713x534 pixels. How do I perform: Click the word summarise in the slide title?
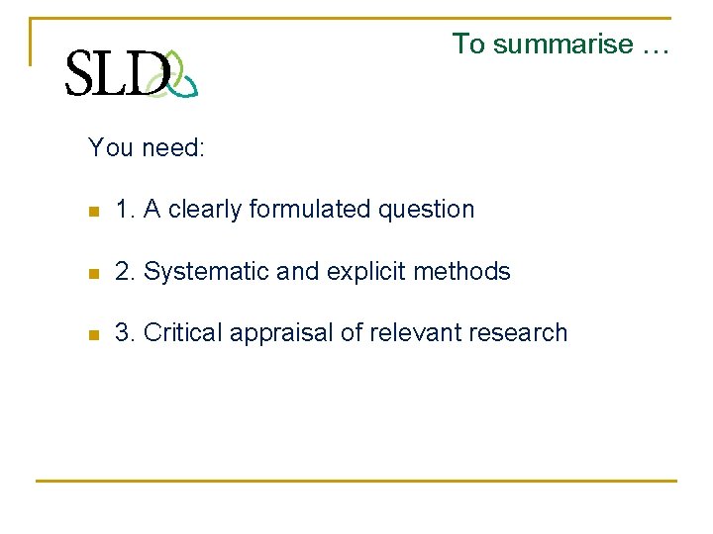(562, 44)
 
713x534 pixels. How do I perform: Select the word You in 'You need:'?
(110, 148)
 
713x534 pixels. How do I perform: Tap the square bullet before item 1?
(93, 211)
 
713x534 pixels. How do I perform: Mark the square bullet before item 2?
(93, 273)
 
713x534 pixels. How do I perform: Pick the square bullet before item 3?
(93, 334)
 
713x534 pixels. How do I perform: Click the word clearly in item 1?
(205, 210)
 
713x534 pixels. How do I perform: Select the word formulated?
(308, 210)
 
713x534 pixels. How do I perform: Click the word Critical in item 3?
(183, 333)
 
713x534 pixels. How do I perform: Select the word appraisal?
(282, 333)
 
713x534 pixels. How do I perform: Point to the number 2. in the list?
(126, 272)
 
